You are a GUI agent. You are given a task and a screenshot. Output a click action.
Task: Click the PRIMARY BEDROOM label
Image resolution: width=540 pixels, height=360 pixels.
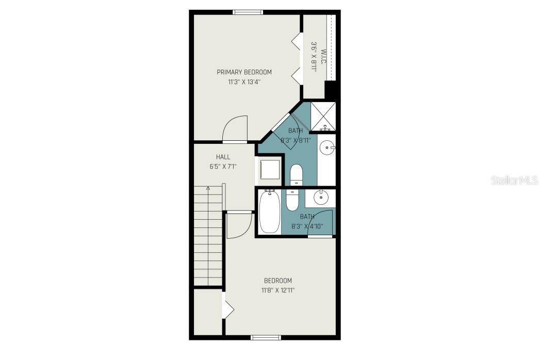pyautogui.click(x=244, y=72)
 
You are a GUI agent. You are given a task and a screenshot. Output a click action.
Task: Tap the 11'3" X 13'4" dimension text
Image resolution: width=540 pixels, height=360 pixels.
pyautogui.click(x=244, y=81)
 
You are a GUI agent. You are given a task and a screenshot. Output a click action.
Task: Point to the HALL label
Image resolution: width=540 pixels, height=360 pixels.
pyautogui.click(x=223, y=157)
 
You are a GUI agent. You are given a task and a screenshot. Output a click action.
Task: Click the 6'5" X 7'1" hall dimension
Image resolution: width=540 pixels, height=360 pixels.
pyautogui.click(x=223, y=166)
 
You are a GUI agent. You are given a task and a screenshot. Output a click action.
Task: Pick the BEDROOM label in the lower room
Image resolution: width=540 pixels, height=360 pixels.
pyautogui.click(x=278, y=281)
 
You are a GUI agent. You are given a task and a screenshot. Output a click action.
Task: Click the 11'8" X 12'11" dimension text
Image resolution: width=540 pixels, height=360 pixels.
pyautogui.click(x=278, y=290)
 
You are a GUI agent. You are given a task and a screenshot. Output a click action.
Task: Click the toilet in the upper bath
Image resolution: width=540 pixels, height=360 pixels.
pyautogui.click(x=296, y=174)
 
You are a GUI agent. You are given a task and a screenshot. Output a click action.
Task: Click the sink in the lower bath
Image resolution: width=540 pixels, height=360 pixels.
pyautogui.click(x=321, y=197)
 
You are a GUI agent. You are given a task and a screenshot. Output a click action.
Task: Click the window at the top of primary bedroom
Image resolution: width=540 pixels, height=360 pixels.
pyautogui.click(x=248, y=12)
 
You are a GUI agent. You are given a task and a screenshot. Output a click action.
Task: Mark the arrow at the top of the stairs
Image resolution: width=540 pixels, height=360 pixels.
pyautogui.click(x=208, y=189)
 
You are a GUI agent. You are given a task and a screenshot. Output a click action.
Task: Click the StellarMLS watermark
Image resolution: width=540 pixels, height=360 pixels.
pyautogui.click(x=514, y=180)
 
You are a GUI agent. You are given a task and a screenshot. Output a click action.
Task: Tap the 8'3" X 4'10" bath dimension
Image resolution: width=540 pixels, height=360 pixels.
pyautogui.click(x=307, y=226)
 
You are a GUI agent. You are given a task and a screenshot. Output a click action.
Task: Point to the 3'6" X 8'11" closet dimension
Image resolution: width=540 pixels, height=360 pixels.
pyautogui.click(x=314, y=56)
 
